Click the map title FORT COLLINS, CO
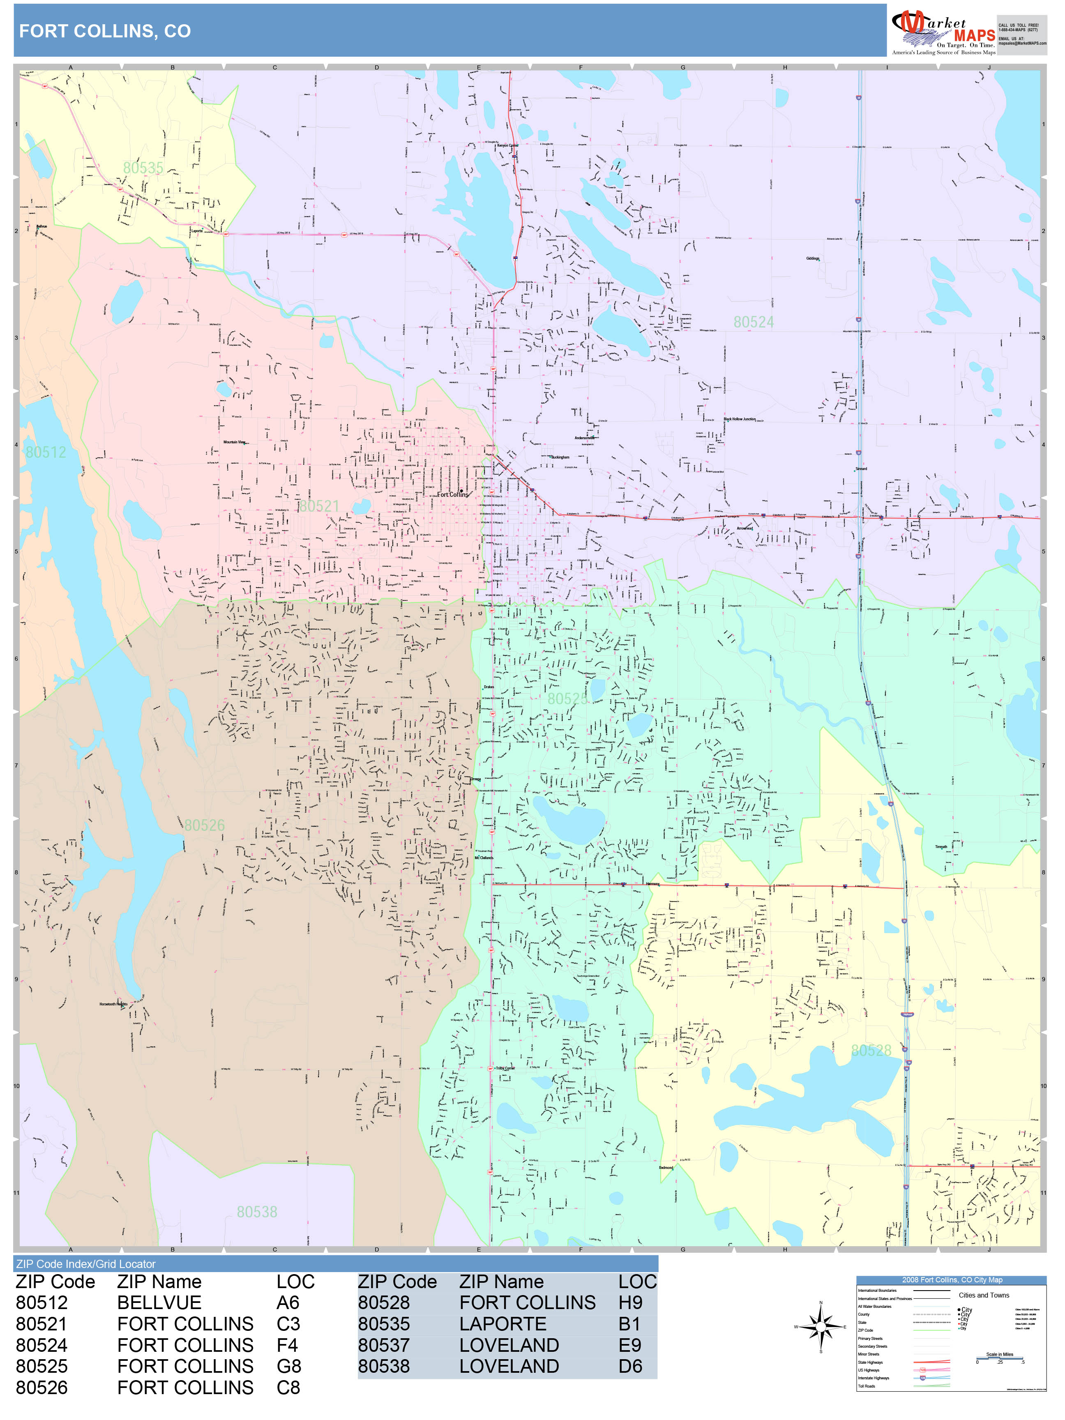(105, 32)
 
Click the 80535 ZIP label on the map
(143, 168)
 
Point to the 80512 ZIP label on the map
(46, 452)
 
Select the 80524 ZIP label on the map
(754, 322)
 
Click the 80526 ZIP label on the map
(204, 825)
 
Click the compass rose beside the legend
(821, 1327)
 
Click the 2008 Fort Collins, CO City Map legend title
(951, 1280)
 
